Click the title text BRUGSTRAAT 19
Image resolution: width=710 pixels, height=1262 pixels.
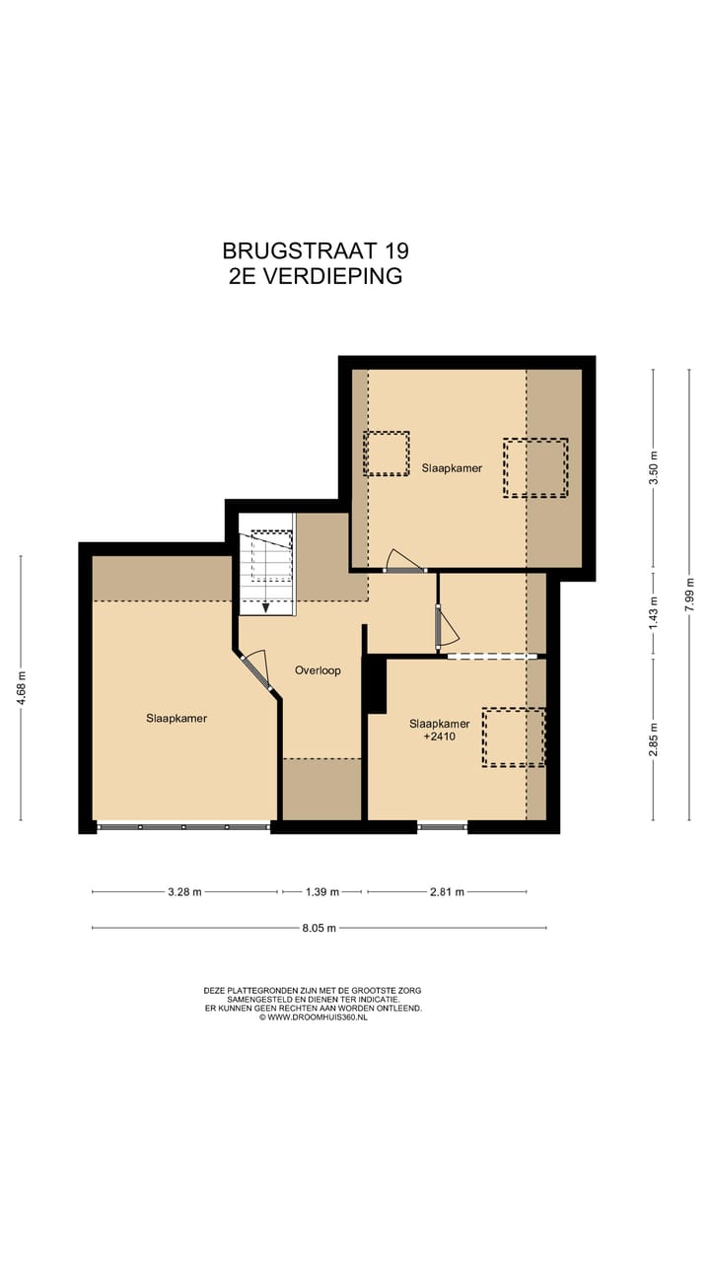click(x=315, y=250)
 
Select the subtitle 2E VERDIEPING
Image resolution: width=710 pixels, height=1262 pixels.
click(x=315, y=276)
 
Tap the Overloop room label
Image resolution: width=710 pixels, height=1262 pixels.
click(x=318, y=670)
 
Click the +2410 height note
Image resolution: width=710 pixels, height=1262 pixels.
click(x=440, y=736)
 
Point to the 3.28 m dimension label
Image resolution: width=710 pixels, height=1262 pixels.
click(x=184, y=892)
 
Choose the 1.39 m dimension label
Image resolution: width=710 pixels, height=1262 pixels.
click(x=321, y=892)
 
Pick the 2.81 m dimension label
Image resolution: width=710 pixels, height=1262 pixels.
click(x=447, y=892)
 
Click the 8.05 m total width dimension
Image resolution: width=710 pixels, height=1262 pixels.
click(x=319, y=928)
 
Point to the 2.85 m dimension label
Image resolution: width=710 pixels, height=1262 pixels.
click(x=653, y=738)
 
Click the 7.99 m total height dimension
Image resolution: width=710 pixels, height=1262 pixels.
click(x=689, y=594)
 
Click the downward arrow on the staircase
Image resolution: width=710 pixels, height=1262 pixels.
click(x=265, y=606)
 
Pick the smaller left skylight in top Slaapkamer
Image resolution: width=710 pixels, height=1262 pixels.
click(x=386, y=454)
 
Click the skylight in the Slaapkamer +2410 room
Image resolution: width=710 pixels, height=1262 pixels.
click(x=513, y=736)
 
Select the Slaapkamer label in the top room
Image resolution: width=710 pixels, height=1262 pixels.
click(x=452, y=468)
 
